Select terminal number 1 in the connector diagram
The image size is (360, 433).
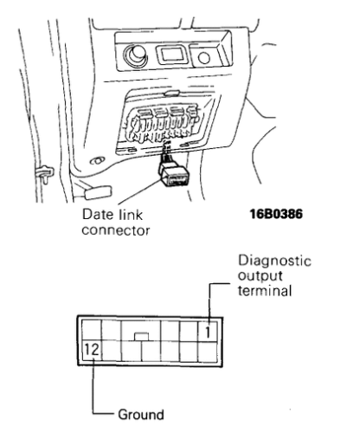(x=209, y=328)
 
